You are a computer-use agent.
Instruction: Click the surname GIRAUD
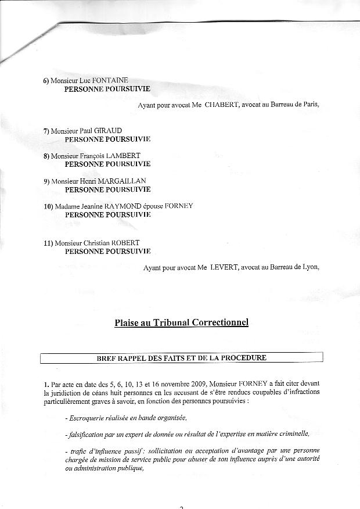click(109, 131)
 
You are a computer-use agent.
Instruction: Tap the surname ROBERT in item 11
click(124, 242)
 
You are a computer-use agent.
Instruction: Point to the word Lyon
click(308, 267)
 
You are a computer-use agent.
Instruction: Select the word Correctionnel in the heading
click(223, 323)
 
